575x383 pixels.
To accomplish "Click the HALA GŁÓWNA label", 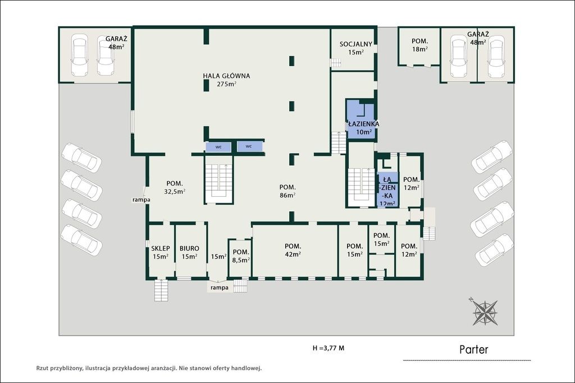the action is coord(226,80).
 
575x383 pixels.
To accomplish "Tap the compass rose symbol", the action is coord(485,312).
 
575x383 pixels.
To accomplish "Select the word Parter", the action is coord(474,349).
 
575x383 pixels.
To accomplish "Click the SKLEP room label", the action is coord(160,252).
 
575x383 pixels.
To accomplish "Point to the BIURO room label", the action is coord(189,252).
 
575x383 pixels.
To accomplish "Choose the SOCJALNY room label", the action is coord(355,48).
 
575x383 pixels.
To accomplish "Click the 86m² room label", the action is coord(287,191).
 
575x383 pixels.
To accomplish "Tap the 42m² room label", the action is coord(293,250).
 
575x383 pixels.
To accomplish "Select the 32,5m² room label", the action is coord(175,187).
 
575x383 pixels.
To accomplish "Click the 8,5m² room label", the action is coord(241,256).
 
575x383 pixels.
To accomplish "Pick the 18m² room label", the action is coord(419,45).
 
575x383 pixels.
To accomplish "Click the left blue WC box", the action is coord(218,147).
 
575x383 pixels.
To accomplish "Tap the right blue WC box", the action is coord(249,146).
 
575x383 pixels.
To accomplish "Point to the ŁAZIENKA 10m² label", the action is coord(363,128).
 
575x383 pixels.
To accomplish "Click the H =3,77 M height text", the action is coord(328,348).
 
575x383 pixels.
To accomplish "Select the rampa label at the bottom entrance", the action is coord(220,288).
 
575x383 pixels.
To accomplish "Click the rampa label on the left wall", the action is coord(142,200).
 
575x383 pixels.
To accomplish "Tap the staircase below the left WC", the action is coord(219,179).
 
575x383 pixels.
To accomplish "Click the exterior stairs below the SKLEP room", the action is coord(161,290).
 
